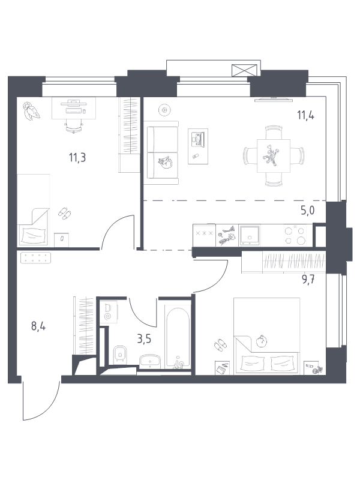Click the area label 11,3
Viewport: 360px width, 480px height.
pyautogui.click(x=77, y=158)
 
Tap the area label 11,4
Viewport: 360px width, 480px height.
pyautogui.click(x=305, y=116)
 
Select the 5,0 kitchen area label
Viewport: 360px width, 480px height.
pyautogui.click(x=307, y=211)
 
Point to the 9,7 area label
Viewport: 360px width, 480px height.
pyautogui.click(x=308, y=280)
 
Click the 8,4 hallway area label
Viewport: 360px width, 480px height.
pyautogui.click(x=38, y=326)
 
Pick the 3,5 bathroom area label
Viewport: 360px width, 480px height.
pyautogui.click(x=144, y=340)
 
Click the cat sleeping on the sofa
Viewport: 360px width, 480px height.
pyautogui.click(x=166, y=163)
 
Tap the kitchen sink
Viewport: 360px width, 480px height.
pyautogui.click(x=250, y=235)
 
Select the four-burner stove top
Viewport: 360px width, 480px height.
pyautogui.click(x=295, y=235)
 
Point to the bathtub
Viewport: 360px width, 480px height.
pyautogui.click(x=177, y=337)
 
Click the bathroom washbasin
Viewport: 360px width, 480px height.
pyautogui.click(x=149, y=361)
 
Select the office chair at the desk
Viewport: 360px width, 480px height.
pyautogui.click(x=74, y=126)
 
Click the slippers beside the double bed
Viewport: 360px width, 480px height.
pyautogui.click(x=220, y=346)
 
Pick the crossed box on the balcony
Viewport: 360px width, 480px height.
pyautogui.click(x=244, y=70)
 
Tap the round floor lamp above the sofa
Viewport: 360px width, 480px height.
pyautogui.click(x=164, y=109)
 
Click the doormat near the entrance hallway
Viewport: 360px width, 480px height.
pyautogui.click(x=35, y=258)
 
